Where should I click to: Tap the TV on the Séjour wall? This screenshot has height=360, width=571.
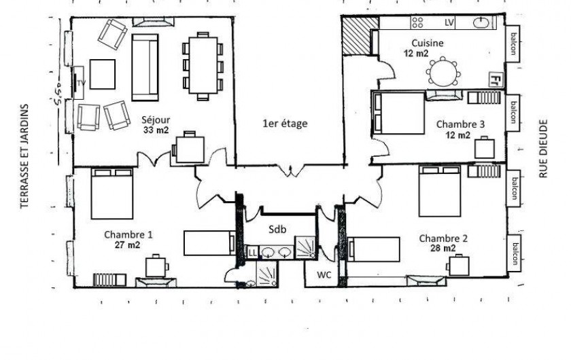(79, 83)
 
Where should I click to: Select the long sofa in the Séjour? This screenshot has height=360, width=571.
(145, 67)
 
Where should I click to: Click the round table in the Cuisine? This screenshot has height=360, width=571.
(443, 73)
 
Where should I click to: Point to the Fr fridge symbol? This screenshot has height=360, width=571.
(495, 79)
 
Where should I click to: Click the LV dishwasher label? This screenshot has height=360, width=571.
(449, 22)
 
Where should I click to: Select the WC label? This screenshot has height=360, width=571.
(324, 275)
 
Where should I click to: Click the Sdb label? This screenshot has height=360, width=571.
(277, 230)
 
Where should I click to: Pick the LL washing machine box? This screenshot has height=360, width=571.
(252, 252)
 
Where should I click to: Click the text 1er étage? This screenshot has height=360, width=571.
(285, 124)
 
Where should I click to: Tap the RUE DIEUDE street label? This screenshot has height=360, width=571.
(543, 149)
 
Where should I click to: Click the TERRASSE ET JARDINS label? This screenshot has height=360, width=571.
(24, 156)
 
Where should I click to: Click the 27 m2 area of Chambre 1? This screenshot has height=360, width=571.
(128, 245)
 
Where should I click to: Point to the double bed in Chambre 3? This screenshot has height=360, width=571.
(398, 113)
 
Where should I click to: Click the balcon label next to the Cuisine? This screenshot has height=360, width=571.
(513, 43)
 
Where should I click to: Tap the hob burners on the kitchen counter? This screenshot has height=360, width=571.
(417, 22)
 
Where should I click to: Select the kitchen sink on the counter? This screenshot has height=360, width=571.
(482, 23)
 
